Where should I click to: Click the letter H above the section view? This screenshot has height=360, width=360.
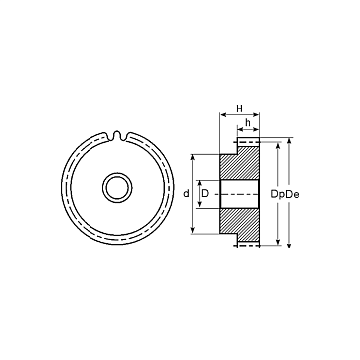(239, 108)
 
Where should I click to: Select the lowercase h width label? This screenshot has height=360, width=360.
(248, 122)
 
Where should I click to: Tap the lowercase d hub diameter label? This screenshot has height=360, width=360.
(186, 193)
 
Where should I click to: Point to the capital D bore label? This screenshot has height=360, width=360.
(205, 193)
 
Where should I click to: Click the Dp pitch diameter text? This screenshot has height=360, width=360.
(278, 194)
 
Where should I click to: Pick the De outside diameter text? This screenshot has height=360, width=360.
(292, 194)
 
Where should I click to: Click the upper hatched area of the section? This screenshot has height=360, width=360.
(240, 163)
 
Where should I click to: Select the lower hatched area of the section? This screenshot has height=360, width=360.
(240, 225)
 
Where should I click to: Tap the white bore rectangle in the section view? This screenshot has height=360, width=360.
(239, 194)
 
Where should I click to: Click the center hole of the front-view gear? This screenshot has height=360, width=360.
(117, 188)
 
